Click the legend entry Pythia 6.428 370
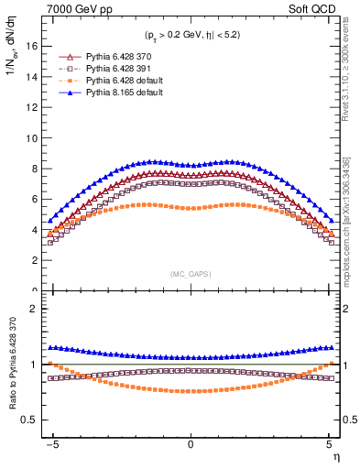(x=111, y=57)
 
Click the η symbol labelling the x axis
(x=335, y=456)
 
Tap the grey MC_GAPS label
(x=190, y=274)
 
